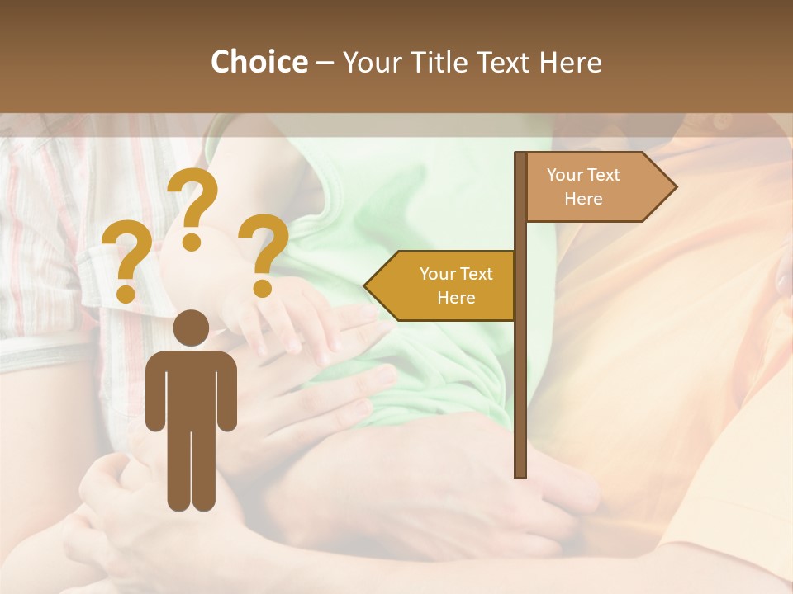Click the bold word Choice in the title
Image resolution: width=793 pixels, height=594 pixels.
(259, 62)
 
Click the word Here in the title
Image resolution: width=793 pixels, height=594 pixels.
(570, 62)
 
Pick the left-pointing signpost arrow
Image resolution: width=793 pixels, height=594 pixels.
(442, 285)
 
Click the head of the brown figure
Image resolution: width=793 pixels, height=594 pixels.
(192, 328)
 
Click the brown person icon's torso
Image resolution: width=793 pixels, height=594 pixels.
(192, 388)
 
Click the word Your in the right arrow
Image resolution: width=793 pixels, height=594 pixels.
(566, 175)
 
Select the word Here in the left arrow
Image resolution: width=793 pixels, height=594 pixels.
(455, 298)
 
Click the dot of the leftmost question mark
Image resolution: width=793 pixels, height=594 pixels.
(126, 294)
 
